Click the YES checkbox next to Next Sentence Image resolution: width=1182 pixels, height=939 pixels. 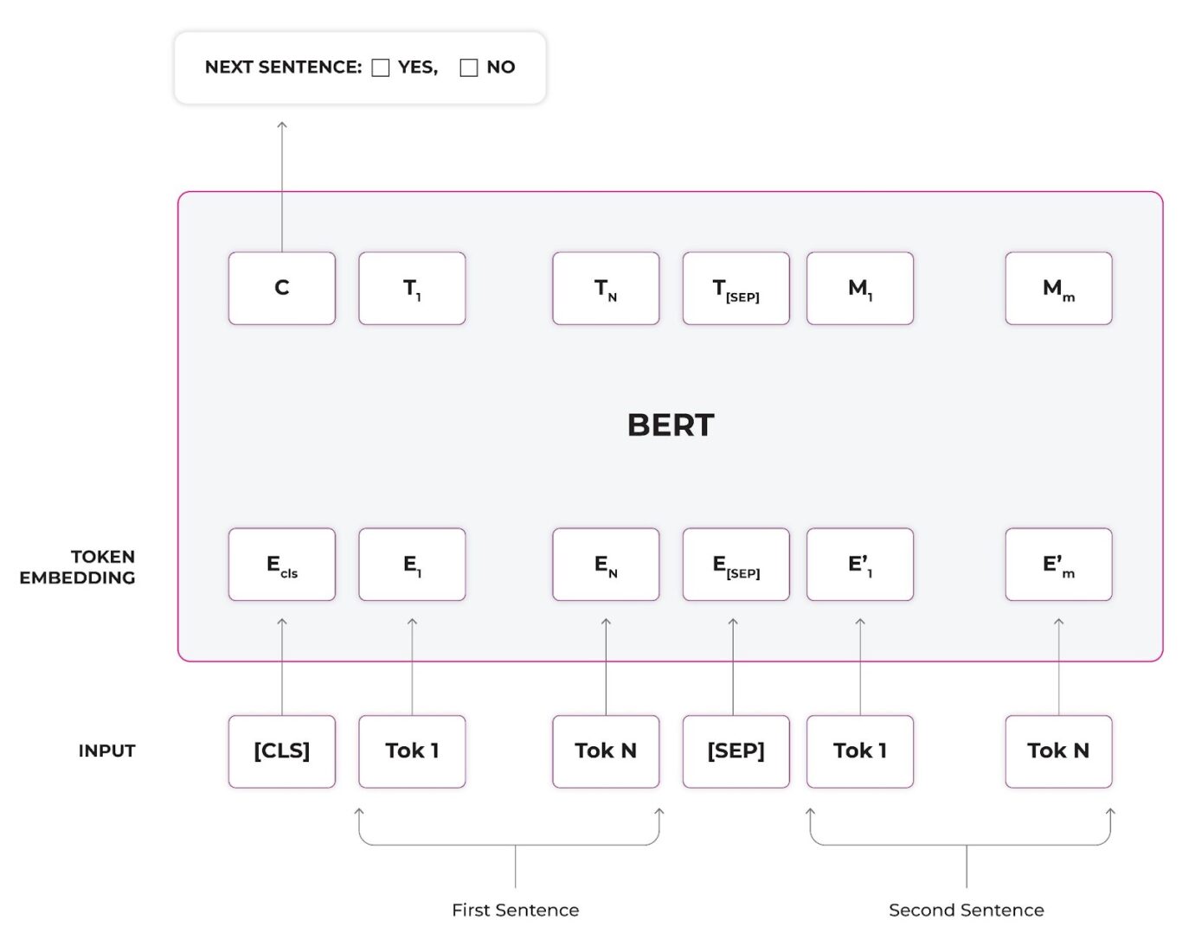pyautogui.click(x=381, y=67)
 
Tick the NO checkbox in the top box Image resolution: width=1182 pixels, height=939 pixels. pyautogui.click(x=469, y=67)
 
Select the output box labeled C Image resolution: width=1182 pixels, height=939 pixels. pyautogui.click(x=282, y=288)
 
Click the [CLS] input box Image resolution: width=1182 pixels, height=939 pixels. pyautogui.click(x=282, y=751)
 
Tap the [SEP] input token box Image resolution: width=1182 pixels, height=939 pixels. pyautogui.click(x=736, y=751)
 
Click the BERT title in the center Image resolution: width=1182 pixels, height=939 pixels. pyautogui.click(x=671, y=425)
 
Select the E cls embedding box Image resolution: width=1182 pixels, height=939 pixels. pyautogui.click(x=282, y=565)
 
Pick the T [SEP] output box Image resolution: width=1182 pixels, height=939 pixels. pyautogui.click(x=736, y=288)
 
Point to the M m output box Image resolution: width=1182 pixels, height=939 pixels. pyautogui.click(x=1058, y=288)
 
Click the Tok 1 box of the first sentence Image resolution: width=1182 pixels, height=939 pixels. pyautogui.click(x=412, y=751)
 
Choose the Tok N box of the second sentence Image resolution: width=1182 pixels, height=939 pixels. pyautogui.click(x=1058, y=751)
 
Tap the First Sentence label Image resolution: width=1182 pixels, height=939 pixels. pyautogui.click(x=515, y=910)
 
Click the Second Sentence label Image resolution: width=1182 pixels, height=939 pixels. pyautogui.click(x=966, y=910)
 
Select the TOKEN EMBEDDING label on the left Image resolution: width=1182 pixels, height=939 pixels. pyautogui.click(x=78, y=567)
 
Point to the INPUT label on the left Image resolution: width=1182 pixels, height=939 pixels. pyautogui.click(x=106, y=751)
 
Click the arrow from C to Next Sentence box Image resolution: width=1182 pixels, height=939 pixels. pyautogui.click(x=282, y=186)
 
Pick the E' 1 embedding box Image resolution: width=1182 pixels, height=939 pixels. pyautogui.click(x=860, y=565)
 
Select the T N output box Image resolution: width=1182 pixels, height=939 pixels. pyautogui.click(x=606, y=288)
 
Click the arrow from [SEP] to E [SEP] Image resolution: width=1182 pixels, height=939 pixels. pyautogui.click(x=733, y=666)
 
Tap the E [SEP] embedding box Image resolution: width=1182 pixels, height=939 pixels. pyautogui.click(x=736, y=565)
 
